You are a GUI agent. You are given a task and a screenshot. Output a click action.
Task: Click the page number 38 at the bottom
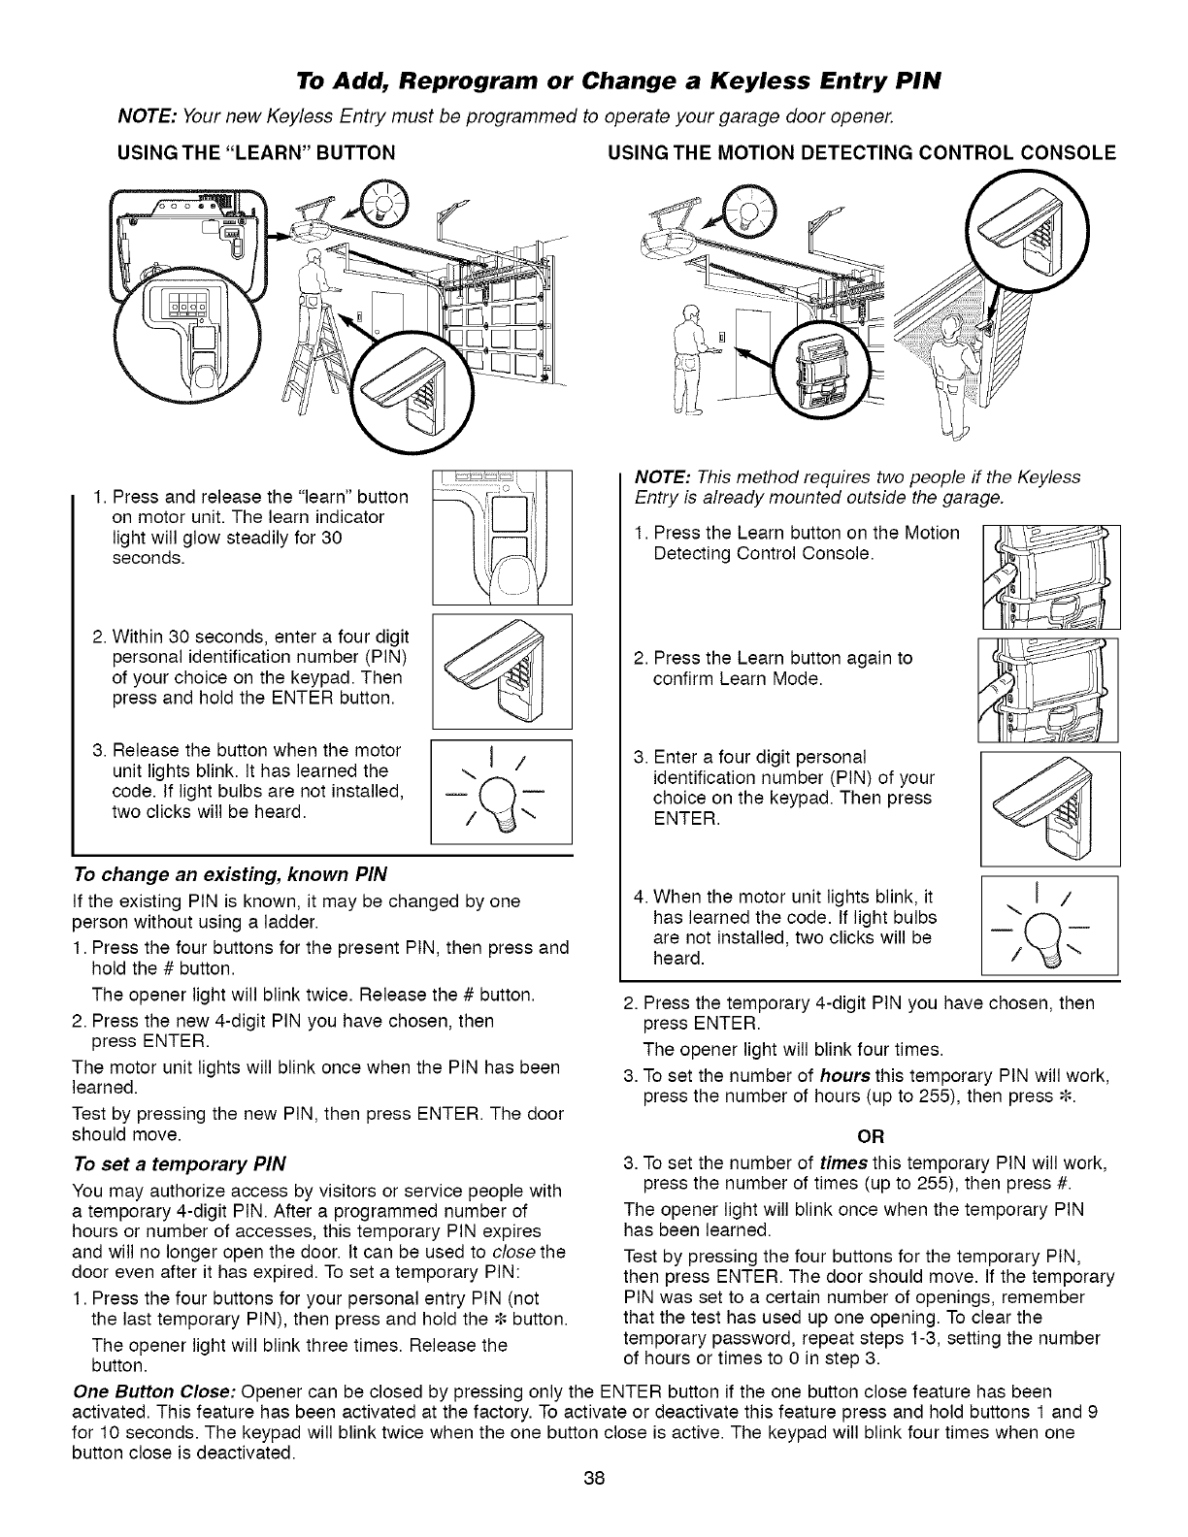(594, 1505)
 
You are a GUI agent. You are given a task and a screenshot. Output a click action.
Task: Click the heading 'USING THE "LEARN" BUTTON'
(255, 152)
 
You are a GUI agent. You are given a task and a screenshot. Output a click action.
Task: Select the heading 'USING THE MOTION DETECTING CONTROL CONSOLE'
(860, 152)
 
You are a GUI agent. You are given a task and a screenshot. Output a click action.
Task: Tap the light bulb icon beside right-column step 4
(1050, 925)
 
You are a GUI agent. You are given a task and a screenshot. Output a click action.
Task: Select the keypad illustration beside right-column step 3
(1050, 807)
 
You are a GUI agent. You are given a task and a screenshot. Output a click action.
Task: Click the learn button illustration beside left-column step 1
(501, 536)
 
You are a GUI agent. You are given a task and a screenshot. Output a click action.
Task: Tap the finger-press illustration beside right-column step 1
(1050, 576)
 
